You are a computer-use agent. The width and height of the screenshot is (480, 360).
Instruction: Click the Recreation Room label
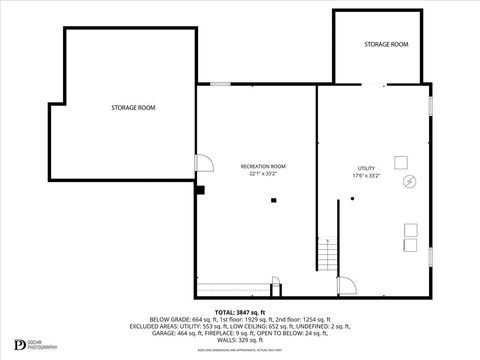(263, 166)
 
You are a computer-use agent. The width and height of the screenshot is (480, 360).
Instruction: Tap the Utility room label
(366, 168)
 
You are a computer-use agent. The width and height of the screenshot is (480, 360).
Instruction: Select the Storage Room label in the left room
(133, 107)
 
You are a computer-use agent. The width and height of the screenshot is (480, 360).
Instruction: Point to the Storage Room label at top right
(385, 45)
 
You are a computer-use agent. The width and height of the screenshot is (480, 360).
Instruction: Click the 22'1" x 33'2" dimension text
(263, 175)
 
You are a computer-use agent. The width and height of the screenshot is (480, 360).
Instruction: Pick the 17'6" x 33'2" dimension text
(366, 176)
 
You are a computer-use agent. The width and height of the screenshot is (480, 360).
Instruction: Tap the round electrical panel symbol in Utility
(408, 182)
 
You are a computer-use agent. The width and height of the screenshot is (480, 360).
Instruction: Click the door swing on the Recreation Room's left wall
(202, 164)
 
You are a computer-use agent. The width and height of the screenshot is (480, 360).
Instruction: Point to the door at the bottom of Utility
(346, 287)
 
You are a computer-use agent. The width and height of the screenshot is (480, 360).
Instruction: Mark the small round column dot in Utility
(352, 200)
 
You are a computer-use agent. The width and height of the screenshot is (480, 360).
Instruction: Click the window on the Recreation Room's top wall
(220, 85)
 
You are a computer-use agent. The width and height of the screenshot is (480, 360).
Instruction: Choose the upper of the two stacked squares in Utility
(411, 229)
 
